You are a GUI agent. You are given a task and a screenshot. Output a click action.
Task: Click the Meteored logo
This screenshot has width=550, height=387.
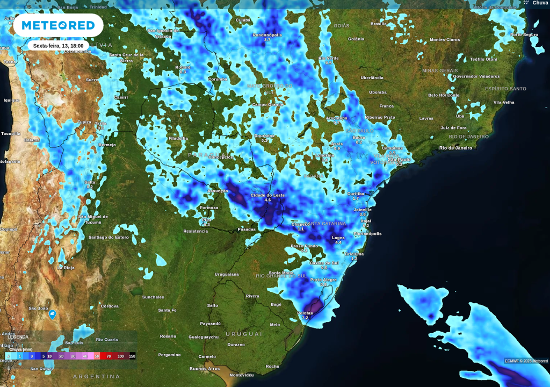(x=58, y=25)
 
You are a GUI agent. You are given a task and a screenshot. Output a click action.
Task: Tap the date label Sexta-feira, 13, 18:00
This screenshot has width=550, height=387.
(x=58, y=46)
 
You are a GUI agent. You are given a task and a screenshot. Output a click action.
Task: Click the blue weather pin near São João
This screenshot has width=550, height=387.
(x=53, y=314)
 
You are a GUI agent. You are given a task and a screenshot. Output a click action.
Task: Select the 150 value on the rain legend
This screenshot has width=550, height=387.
(x=132, y=356)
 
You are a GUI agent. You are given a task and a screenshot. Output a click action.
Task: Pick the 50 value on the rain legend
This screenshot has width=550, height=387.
(x=97, y=356)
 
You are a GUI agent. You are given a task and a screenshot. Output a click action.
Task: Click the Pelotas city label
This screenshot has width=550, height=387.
(x=305, y=312)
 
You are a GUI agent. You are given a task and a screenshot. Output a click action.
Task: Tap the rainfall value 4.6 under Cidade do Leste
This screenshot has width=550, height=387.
(x=269, y=200)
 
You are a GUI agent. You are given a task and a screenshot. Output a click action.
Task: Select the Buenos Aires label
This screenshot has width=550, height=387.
(x=205, y=369)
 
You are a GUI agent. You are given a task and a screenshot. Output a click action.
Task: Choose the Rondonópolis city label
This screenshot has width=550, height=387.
(x=267, y=35)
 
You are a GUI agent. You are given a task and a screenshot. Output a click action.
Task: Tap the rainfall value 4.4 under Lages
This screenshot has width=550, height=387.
(x=338, y=243)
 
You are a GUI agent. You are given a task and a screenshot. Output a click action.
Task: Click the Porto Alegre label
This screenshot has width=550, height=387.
(x=323, y=279)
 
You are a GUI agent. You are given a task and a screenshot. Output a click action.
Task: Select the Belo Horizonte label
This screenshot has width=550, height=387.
(x=444, y=95)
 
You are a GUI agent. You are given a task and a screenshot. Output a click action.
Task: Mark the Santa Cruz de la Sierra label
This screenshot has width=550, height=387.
(x=126, y=57)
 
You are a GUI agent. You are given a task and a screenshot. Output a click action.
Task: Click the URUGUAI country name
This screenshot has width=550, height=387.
(x=243, y=334)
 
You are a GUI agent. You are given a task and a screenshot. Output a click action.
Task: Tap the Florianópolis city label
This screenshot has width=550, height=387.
(x=368, y=234)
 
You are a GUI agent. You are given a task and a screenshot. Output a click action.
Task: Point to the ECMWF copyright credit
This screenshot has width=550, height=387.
(x=526, y=361)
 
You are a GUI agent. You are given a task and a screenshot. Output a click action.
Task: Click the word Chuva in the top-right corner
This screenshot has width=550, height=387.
(x=540, y=3)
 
